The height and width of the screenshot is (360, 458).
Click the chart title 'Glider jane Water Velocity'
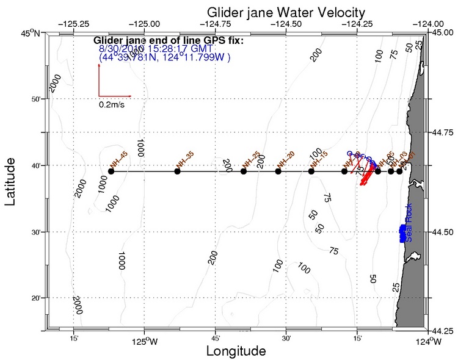click(286, 12)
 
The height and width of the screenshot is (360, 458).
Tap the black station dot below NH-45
click(111, 171)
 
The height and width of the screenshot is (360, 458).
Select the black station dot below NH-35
click(178, 171)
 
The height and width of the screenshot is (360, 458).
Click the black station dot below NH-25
click(244, 171)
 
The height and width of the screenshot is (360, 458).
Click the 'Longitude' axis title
click(236, 351)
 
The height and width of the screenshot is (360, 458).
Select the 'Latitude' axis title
click(10, 182)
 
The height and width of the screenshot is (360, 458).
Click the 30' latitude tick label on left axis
click(35, 232)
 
